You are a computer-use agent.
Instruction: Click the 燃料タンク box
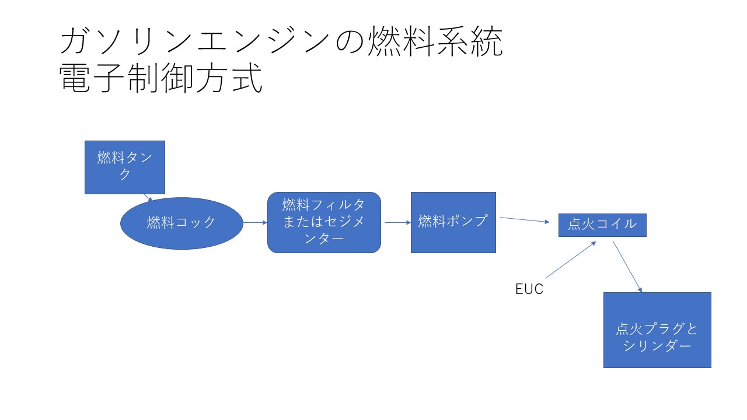click(x=124, y=167)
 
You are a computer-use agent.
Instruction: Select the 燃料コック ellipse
click(x=181, y=223)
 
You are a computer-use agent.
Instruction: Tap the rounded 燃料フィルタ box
click(x=324, y=222)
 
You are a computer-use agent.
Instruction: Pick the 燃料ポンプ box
click(x=453, y=222)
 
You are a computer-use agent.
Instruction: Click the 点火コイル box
click(x=602, y=225)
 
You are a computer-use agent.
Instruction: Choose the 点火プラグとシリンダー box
click(x=657, y=330)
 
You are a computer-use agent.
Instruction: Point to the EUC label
click(x=529, y=289)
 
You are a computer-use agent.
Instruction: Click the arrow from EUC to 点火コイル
click(x=570, y=260)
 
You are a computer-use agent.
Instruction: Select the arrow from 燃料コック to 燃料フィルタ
click(x=255, y=222)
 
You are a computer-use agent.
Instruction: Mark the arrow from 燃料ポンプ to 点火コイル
click(x=525, y=220)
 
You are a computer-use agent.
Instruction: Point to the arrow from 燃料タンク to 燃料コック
click(x=148, y=197)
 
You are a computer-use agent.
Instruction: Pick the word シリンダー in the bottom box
click(x=657, y=346)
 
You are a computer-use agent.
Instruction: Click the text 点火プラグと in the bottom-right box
click(x=657, y=329)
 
